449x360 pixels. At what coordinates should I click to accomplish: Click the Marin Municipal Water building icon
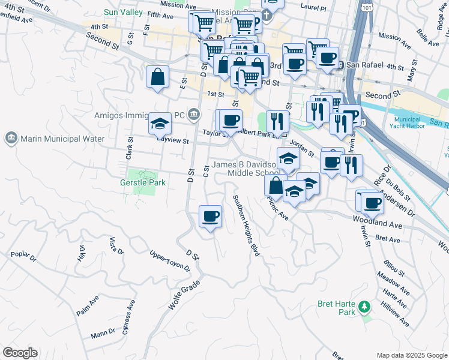(x=11, y=139)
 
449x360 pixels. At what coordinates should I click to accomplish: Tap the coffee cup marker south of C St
(x=209, y=217)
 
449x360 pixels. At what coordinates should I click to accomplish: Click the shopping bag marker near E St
(x=157, y=77)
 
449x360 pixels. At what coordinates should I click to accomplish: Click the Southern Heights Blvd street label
(x=246, y=226)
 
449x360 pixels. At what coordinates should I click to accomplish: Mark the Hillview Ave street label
(x=396, y=313)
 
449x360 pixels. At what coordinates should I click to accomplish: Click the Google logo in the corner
(x=20, y=353)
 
